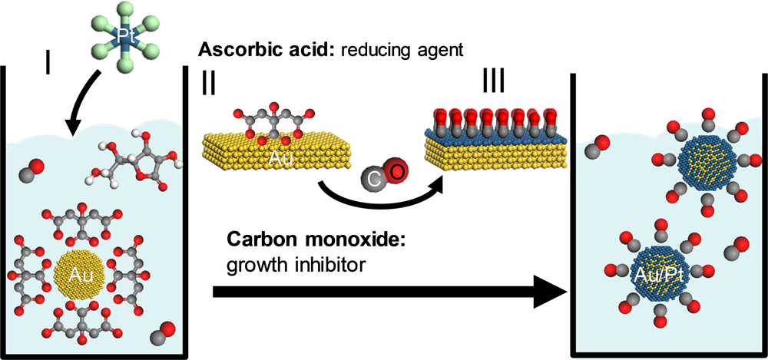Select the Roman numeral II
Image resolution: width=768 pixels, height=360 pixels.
coord(208,84)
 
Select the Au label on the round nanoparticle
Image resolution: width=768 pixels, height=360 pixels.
coord(80,274)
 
